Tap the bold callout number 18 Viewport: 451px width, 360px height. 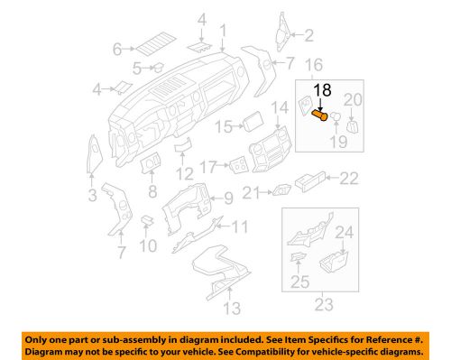(322, 90)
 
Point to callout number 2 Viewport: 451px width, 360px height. (308, 35)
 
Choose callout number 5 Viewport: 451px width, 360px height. (136, 68)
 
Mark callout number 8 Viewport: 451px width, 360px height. (152, 192)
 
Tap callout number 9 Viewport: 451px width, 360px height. (228, 198)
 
